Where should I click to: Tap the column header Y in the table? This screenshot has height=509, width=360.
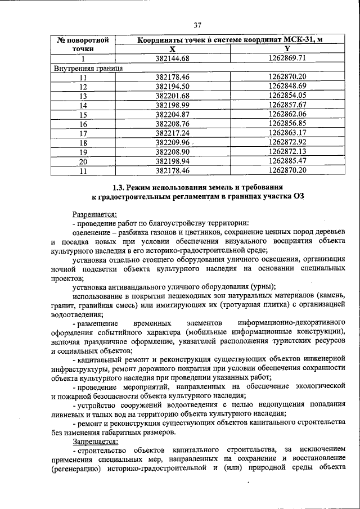pyautogui.click(x=287, y=49)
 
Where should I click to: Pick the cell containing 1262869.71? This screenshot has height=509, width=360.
pyautogui.click(x=287, y=58)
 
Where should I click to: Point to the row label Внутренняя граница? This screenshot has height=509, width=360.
pyautogui.click(x=88, y=68)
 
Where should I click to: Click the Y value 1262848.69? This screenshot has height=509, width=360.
pyautogui.click(x=287, y=87)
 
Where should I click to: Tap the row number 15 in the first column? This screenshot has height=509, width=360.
pyautogui.click(x=83, y=115)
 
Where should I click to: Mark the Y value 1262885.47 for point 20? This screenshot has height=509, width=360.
pyautogui.click(x=287, y=161)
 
